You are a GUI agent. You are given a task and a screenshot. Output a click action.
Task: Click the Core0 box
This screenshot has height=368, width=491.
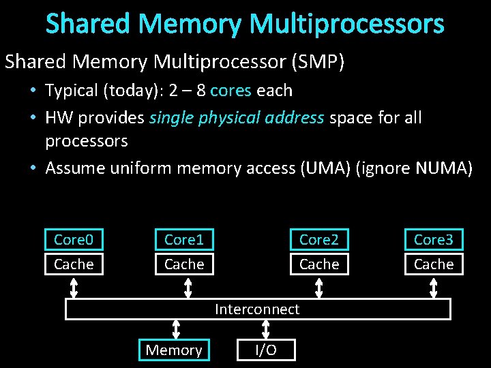tap(74, 240)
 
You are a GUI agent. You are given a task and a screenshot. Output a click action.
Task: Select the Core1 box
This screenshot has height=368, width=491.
tap(184, 240)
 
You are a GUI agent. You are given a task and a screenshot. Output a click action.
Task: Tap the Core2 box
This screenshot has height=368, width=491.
tap(319, 240)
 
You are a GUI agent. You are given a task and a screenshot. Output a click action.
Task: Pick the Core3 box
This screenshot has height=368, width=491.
tap(434, 240)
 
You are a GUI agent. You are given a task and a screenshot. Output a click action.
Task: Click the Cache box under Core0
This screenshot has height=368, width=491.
tap(74, 264)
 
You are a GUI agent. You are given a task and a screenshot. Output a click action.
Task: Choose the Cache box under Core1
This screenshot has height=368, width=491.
tap(184, 264)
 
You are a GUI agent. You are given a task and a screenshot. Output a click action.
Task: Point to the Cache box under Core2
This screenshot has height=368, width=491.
tap(319, 264)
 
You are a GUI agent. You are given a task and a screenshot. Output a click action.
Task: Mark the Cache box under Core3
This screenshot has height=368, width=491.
tap(434, 264)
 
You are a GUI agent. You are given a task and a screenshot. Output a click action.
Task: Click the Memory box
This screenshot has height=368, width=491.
tap(174, 350)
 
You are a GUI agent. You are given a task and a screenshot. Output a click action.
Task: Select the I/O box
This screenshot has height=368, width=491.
tap(266, 350)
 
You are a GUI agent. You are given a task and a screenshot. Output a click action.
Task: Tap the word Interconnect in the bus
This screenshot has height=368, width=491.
tap(257, 309)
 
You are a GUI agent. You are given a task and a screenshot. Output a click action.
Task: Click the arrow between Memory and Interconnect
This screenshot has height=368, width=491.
tap(175, 329)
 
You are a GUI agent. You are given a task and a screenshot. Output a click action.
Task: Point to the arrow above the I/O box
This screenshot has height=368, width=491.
tap(267, 329)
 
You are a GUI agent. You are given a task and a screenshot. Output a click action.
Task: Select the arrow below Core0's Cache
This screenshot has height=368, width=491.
tap(74, 287)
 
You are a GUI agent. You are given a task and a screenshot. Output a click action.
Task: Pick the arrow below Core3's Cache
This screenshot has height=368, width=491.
tap(434, 287)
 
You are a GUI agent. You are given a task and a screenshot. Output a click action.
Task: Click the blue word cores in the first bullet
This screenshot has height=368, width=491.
tap(231, 91)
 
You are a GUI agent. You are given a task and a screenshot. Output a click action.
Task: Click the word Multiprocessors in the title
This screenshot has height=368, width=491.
tap(346, 24)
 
